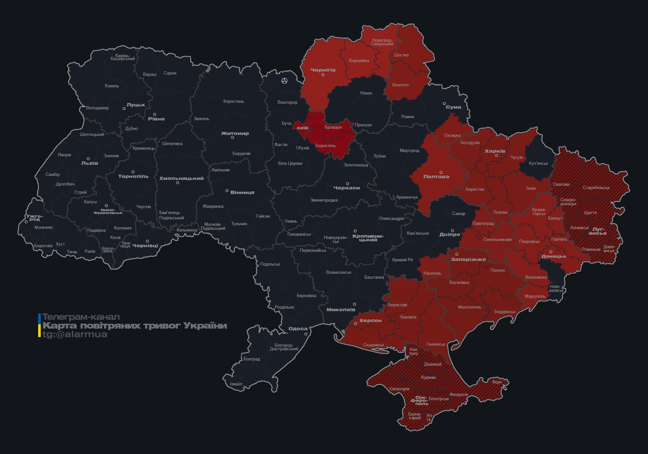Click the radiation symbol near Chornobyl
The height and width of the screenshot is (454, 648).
tap(284, 81)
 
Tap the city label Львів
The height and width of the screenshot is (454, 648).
tap(89, 163)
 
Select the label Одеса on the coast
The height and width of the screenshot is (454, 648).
tap(298, 329)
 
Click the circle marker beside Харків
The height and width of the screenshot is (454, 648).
tap(496, 156)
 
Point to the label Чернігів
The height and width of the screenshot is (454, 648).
tap(323, 70)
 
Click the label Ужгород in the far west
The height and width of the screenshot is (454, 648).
tap(35, 217)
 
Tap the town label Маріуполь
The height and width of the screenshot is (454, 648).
tap(535, 296)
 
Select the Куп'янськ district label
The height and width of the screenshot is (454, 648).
tap(538, 163)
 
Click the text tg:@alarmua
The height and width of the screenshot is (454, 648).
tap(75, 334)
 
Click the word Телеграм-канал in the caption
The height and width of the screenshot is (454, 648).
tap(81, 317)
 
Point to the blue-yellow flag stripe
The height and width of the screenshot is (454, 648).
tap(39, 325)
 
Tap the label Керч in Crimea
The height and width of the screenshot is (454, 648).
tap(497, 382)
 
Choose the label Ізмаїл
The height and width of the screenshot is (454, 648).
tap(236, 384)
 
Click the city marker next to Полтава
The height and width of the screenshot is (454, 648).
tap(441, 172)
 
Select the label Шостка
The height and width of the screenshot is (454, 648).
tap(401, 55)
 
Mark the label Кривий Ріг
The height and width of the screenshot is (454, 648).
tap(402, 260)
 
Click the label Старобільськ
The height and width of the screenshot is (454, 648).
tap(596, 188)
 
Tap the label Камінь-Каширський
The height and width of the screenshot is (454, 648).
tap(123, 57)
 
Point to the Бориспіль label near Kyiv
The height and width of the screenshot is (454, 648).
tap(325, 145)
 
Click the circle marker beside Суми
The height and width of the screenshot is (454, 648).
tap(444, 103)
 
